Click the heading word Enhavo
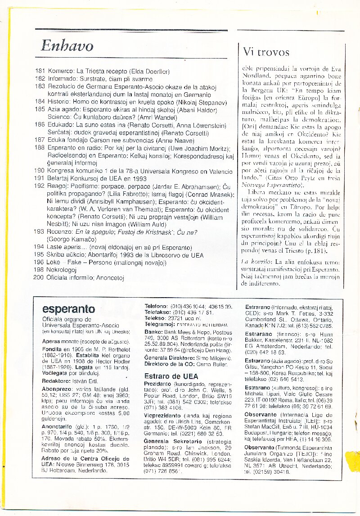tap(67, 45)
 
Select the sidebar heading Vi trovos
tap(266, 52)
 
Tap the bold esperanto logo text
tap(68, 309)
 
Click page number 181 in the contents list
tap(40, 71)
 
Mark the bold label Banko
tap(152, 332)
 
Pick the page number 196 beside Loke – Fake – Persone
tap(40, 262)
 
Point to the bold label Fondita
tap(52, 349)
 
